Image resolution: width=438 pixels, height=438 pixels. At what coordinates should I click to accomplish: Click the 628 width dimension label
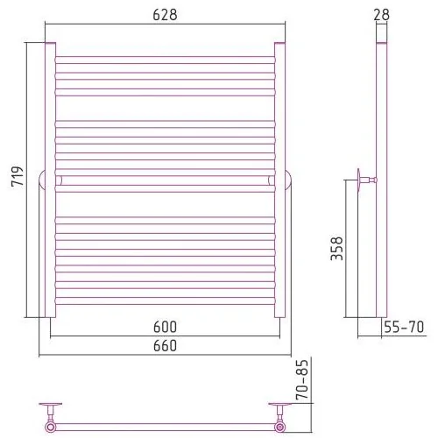(165, 15)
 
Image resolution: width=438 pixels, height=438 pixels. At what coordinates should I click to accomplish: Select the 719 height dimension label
(18, 176)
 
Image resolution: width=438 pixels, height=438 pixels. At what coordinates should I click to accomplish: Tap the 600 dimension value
(165, 327)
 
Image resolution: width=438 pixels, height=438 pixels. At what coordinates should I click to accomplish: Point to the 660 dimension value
(165, 346)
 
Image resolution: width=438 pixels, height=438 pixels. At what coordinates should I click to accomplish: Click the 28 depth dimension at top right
(381, 15)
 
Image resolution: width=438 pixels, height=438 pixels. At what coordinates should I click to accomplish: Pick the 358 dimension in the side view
(336, 249)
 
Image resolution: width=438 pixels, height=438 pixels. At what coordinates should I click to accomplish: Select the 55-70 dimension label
(404, 327)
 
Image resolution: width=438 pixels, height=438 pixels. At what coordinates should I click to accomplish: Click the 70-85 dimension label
(302, 379)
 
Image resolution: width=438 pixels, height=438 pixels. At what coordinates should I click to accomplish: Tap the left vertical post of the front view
(50, 180)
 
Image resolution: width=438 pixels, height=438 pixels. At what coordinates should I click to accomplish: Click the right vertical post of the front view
(279, 180)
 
